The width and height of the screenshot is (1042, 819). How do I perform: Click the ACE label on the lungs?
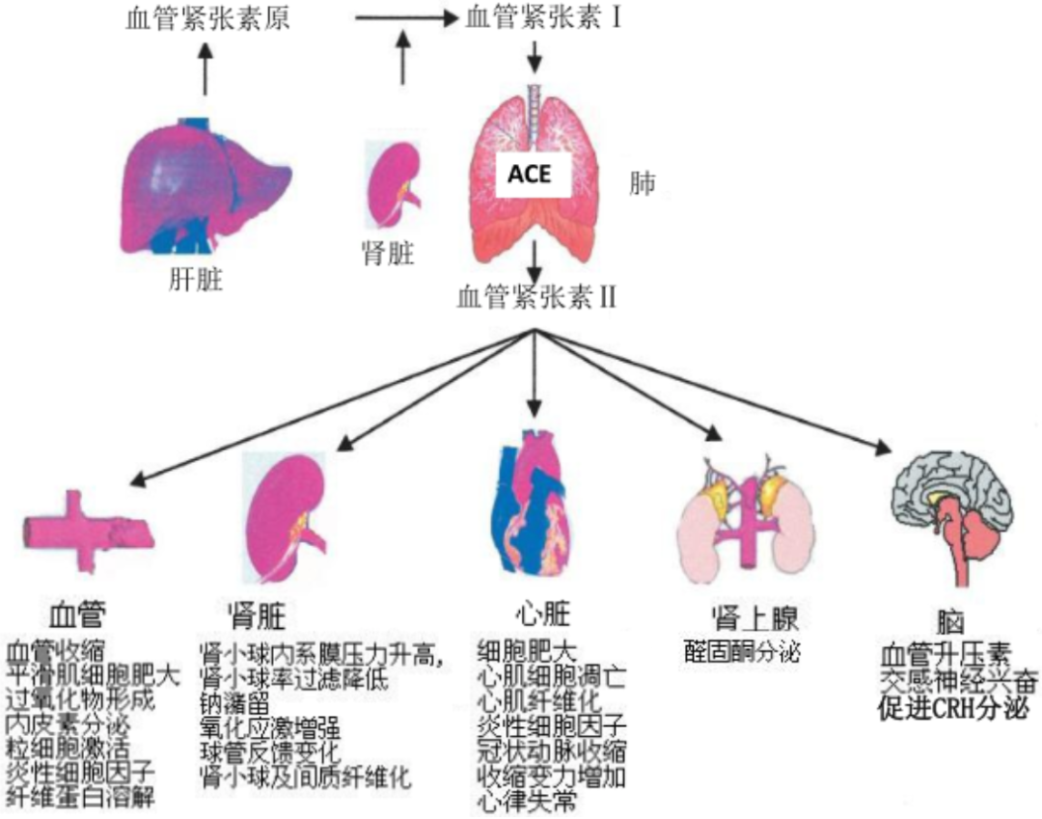tap(530, 177)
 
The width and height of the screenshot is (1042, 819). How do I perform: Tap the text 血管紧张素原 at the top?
tap(207, 19)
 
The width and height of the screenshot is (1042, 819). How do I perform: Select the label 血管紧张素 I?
tap(541, 18)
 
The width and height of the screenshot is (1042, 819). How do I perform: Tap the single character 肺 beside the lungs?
tap(642, 184)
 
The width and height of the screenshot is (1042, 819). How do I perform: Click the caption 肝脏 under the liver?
tap(196, 281)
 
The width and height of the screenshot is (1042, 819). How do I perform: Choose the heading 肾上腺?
tap(754, 618)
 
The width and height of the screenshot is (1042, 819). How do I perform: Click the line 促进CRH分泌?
tap(952, 710)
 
